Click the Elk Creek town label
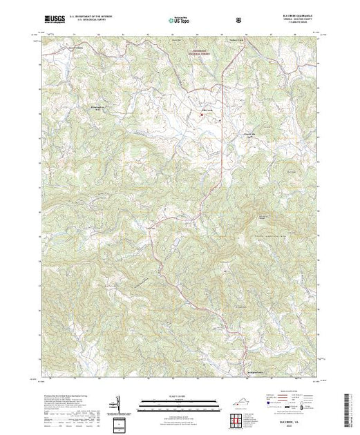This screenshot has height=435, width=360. click(x=207, y=110)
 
